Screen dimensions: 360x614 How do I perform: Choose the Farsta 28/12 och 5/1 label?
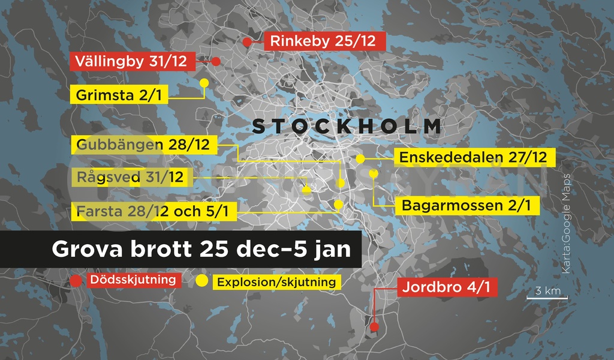153,211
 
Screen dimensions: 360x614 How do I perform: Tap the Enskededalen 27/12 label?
473,158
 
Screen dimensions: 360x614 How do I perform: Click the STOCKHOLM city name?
347,127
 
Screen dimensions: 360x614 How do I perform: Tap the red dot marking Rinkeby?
247,42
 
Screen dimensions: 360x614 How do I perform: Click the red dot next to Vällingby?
216,61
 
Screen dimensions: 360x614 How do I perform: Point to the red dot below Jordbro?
374,328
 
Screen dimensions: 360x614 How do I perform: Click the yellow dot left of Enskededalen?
360,159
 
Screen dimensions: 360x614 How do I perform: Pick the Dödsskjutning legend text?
133,280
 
